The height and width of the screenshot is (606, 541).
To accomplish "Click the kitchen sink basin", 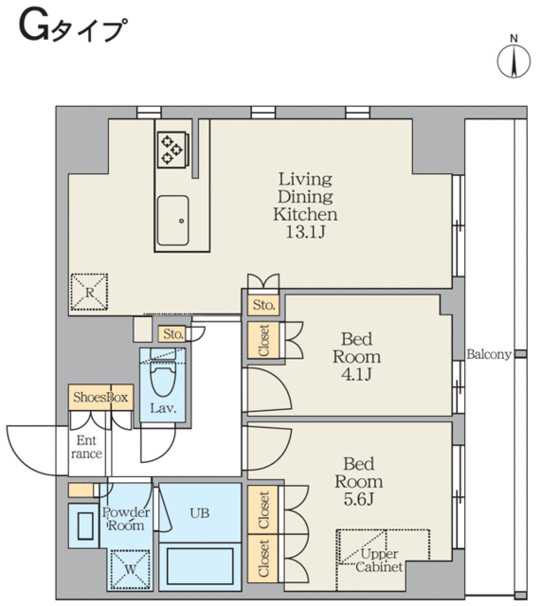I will (x=174, y=221).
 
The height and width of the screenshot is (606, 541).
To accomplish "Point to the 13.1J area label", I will (x=305, y=232).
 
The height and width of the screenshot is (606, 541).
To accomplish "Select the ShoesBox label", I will (x=99, y=398).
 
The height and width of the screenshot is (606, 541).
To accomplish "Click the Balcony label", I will (x=489, y=355).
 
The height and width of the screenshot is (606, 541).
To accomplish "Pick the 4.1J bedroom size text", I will (x=355, y=374).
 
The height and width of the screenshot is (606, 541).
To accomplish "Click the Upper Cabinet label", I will (x=379, y=559).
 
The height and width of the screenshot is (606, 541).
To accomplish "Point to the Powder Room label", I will (x=125, y=518).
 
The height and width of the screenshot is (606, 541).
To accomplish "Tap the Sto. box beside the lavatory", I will (x=171, y=333).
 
